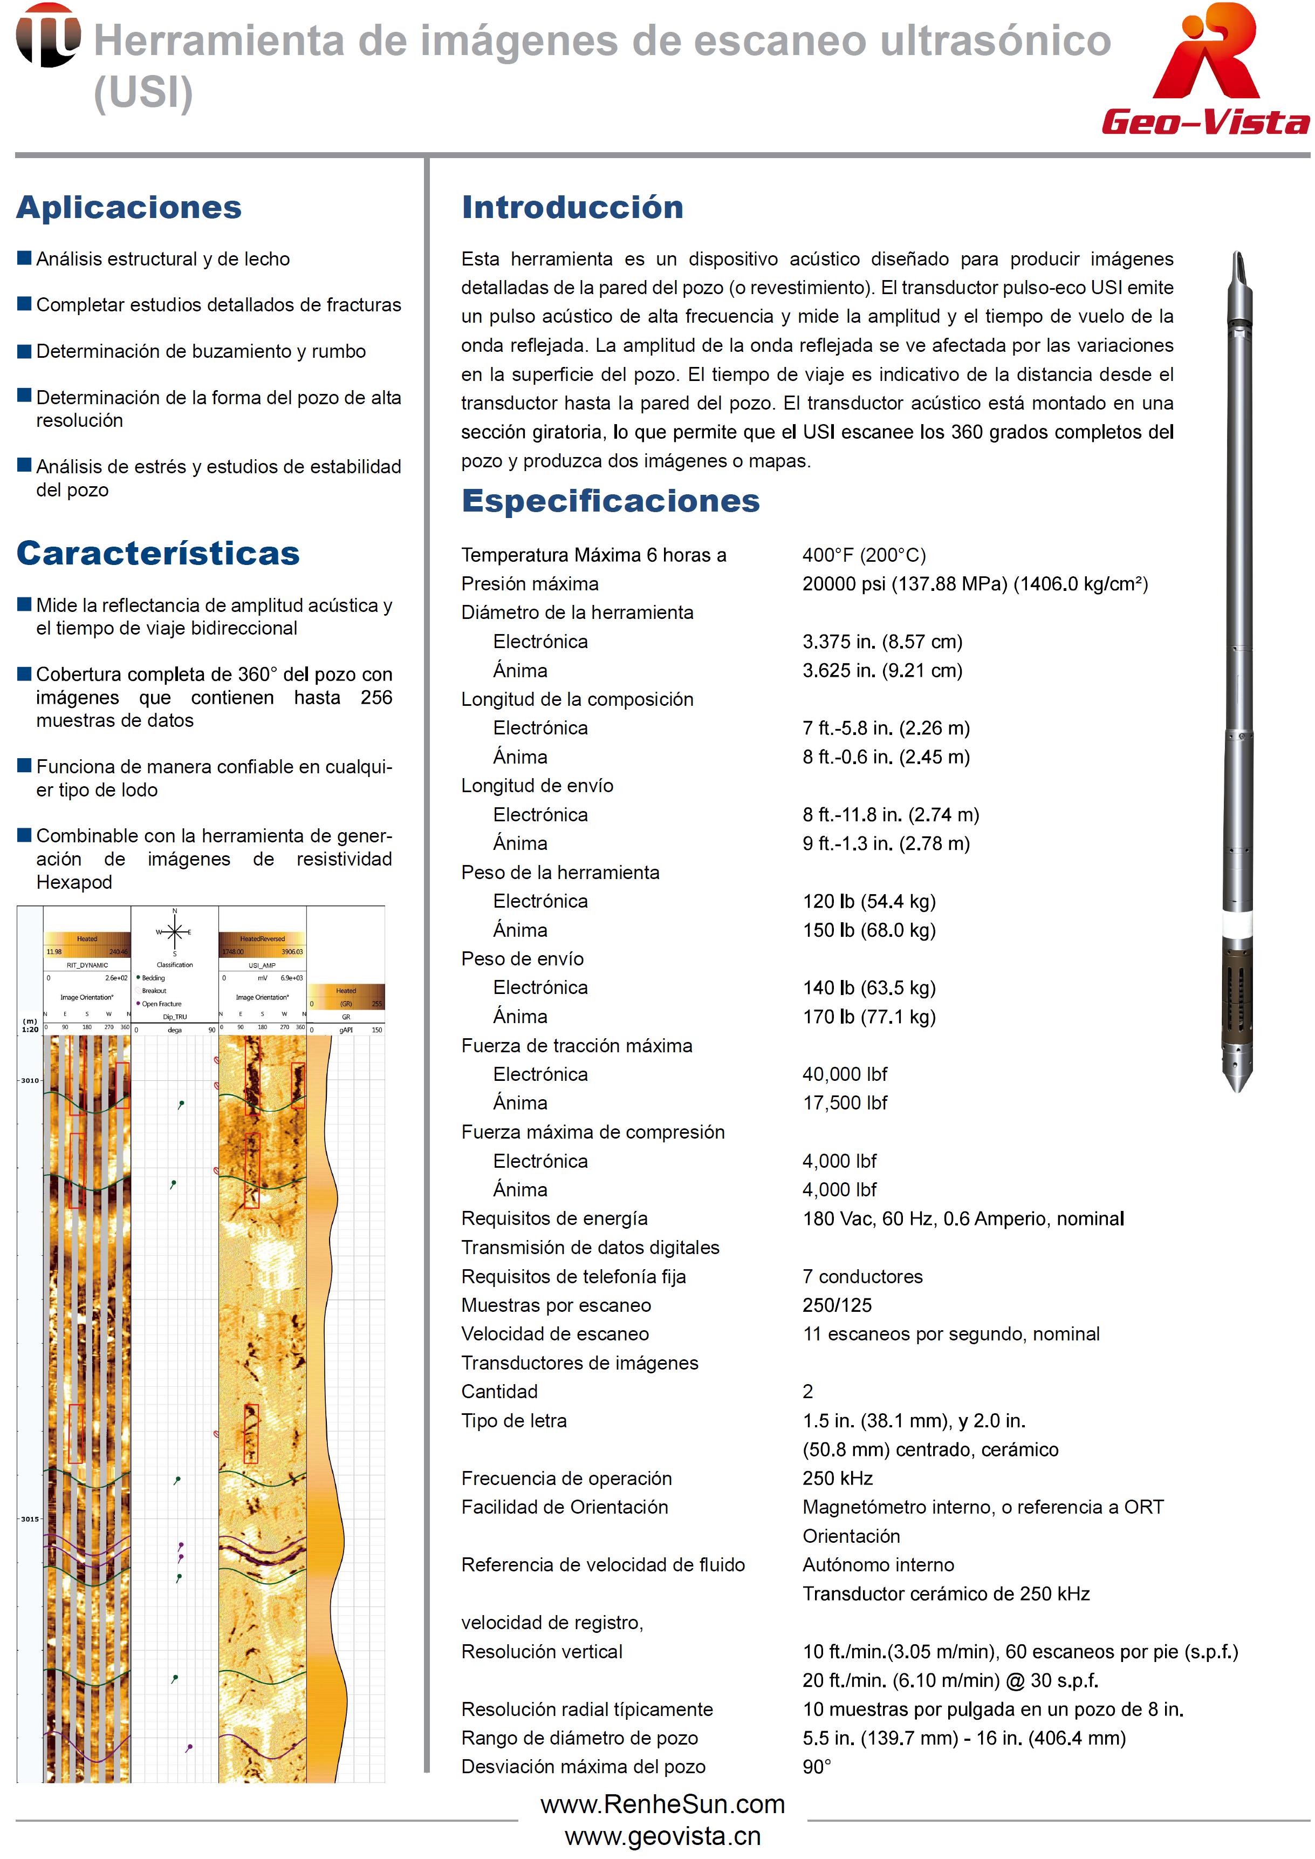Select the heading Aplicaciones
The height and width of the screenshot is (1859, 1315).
pyautogui.click(x=129, y=207)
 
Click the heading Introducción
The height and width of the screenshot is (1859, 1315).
pyautogui.click(x=572, y=207)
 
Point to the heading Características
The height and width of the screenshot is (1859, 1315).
pyautogui.click(x=158, y=553)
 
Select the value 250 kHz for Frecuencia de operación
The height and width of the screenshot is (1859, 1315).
pyautogui.click(x=837, y=1477)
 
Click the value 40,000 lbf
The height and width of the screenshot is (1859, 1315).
pyautogui.click(x=845, y=1074)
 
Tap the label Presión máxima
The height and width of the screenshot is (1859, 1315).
pyautogui.click(x=530, y=583)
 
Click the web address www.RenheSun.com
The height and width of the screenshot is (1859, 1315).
pyautogui.click(x=662, y=1804)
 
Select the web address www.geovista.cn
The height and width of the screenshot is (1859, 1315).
pyautogui.click(x=662, y=1835)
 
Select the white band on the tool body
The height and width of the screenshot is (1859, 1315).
pyautogui.click(x=1237, y=923)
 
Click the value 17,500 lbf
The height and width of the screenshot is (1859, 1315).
pyautogui.click(x=845, y=1102)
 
